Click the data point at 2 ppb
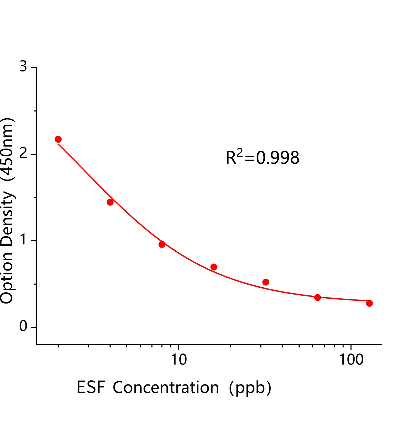click(58, 139)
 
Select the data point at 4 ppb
click(110, 202)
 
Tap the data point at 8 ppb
click(162, 245)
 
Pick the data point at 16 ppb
click(214, 267)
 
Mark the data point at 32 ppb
click(266, 282)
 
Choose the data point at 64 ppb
click(318, 298)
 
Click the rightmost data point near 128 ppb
click(370, 303)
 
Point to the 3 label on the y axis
click(24, 66)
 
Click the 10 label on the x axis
click(179, 360)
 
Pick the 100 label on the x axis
click(351, 360)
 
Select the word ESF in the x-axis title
click(91, 388)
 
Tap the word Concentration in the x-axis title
click(166, 388)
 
